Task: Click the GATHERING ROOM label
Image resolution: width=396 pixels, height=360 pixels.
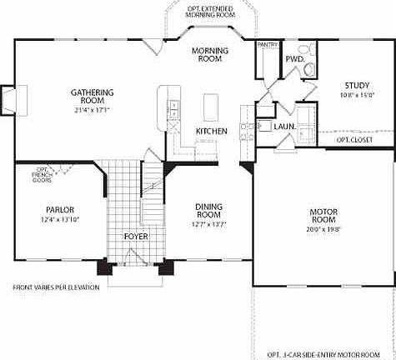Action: [92, 97]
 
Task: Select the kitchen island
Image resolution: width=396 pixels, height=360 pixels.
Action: [211, 106]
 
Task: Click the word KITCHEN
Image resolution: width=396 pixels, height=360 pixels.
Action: [212, 132]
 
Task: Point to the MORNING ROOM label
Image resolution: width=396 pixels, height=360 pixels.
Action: [210, 55]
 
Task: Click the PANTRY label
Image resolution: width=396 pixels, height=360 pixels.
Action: [268, 43]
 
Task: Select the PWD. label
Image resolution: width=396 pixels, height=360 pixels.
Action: [294, 59]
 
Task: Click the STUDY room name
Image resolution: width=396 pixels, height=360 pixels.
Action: [357, 85]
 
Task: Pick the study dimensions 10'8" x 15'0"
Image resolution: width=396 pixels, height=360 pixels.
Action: [357, 95]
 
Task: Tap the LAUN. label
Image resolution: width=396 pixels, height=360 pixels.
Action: [284, 127]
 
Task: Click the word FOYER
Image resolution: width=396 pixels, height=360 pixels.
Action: [136, 236]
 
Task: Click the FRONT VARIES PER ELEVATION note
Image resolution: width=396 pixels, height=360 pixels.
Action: [56, 287]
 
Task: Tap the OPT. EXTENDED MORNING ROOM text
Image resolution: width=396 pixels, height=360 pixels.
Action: [210, 11]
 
